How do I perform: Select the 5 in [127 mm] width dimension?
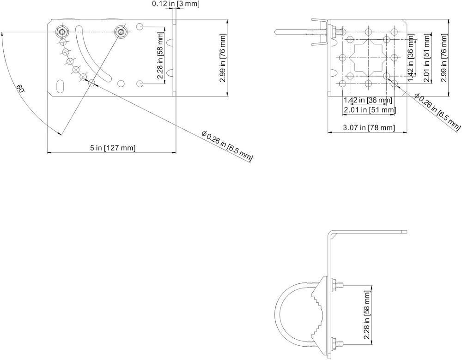click(112, 148)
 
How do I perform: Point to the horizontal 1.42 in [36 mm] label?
click(368, 100)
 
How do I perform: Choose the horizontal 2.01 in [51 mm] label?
click(369, 110)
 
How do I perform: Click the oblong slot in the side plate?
click(61, 86)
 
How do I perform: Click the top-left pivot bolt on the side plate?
click(62, 31)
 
